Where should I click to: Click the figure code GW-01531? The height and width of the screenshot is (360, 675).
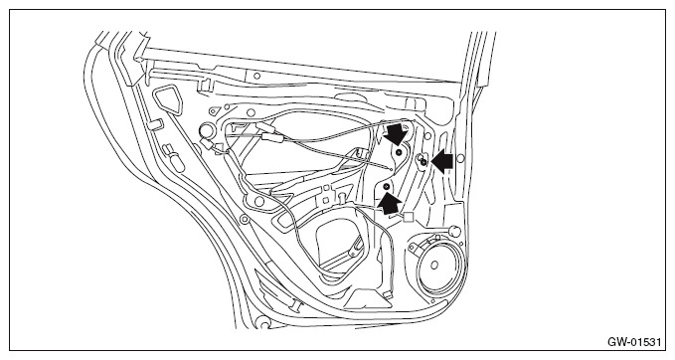coord(634,342)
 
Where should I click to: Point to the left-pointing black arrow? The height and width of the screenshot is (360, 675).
coord(441,162)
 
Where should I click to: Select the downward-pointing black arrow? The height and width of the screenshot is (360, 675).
coord(396,133)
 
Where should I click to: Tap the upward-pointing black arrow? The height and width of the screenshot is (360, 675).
coord(390,203)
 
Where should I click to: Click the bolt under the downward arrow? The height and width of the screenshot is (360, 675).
coord(399,152)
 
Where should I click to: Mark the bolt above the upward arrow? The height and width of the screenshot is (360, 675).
coord(386,186)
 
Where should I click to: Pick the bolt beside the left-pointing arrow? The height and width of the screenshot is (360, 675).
coord(423,162)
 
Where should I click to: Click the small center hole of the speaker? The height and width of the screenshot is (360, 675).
coord(433,265)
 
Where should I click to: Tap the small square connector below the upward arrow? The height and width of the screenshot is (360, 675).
coord(408,217)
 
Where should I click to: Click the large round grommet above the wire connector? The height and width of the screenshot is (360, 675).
coord(207,129)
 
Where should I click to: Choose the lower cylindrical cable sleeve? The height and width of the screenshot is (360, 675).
coord(272,137)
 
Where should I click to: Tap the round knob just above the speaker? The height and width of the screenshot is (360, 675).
coord(455,231)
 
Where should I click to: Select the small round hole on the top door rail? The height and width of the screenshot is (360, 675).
coord(256,76)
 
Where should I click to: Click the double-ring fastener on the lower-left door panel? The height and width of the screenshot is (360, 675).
coord(245,220)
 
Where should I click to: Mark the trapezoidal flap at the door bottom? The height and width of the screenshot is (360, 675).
coord(370,299)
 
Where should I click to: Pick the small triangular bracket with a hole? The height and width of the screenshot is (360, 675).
coord(213,111)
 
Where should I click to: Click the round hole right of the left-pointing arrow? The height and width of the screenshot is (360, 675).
coord(460,159)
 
